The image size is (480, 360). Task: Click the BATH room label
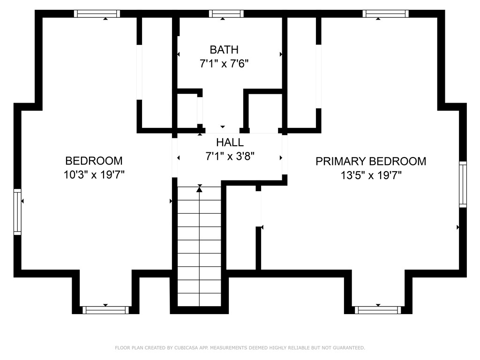(224, 50)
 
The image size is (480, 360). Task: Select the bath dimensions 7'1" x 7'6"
(224, 64)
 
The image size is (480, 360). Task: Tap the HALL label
(230, 142)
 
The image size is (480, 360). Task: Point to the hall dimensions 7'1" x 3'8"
(230, 157)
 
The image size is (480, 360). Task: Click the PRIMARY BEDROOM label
(371, 161)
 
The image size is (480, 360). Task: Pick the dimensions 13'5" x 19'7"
(371, 175)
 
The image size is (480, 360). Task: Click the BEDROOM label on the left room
(94, 161)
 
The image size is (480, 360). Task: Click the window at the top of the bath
(226, 14)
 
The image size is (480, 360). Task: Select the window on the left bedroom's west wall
(17, 211)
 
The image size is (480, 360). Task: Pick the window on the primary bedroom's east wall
(463, 184)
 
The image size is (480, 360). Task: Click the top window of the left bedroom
(97, 14)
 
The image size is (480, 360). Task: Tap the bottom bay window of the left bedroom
(105, 310)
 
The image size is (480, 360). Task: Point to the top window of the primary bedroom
(385, 14)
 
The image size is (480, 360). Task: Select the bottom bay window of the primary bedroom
(378, 310)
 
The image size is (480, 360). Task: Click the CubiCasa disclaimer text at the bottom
(240, 348)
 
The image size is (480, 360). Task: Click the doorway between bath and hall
(223, 130)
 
